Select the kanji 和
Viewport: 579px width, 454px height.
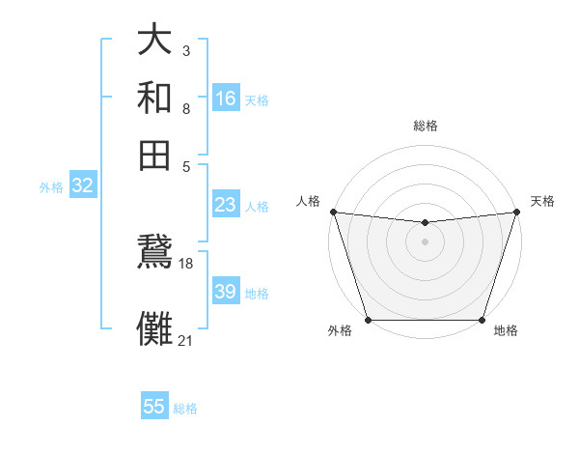click(x=154, y=98)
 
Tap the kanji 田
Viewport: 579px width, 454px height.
click(x=154, y=153)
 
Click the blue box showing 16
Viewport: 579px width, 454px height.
click(x=226, y=99)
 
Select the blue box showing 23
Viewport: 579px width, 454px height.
click(x=226, y=205)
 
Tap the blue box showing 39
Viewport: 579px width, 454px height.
click(x=226, y=292)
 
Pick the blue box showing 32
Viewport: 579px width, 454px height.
click(x=82, y=186)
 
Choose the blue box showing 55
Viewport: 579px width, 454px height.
click(x=154, y=407)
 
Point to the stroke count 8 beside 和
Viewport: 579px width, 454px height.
click(x=185, y=108)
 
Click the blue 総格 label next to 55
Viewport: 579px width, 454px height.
click(x=185, y=409)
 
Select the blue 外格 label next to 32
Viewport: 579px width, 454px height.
click(x=51, y=187)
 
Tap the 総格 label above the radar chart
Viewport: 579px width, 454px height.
click(x=425, y=126)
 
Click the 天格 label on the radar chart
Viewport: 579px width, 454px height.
click(x=542, y=201)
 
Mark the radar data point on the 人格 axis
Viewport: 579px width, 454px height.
click(x=333, y=212)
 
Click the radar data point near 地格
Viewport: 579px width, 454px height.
click(x=482, y=320)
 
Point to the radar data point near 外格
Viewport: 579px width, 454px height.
click(x=369, y=320)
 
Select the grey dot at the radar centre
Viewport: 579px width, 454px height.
click(x=425, y=241)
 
